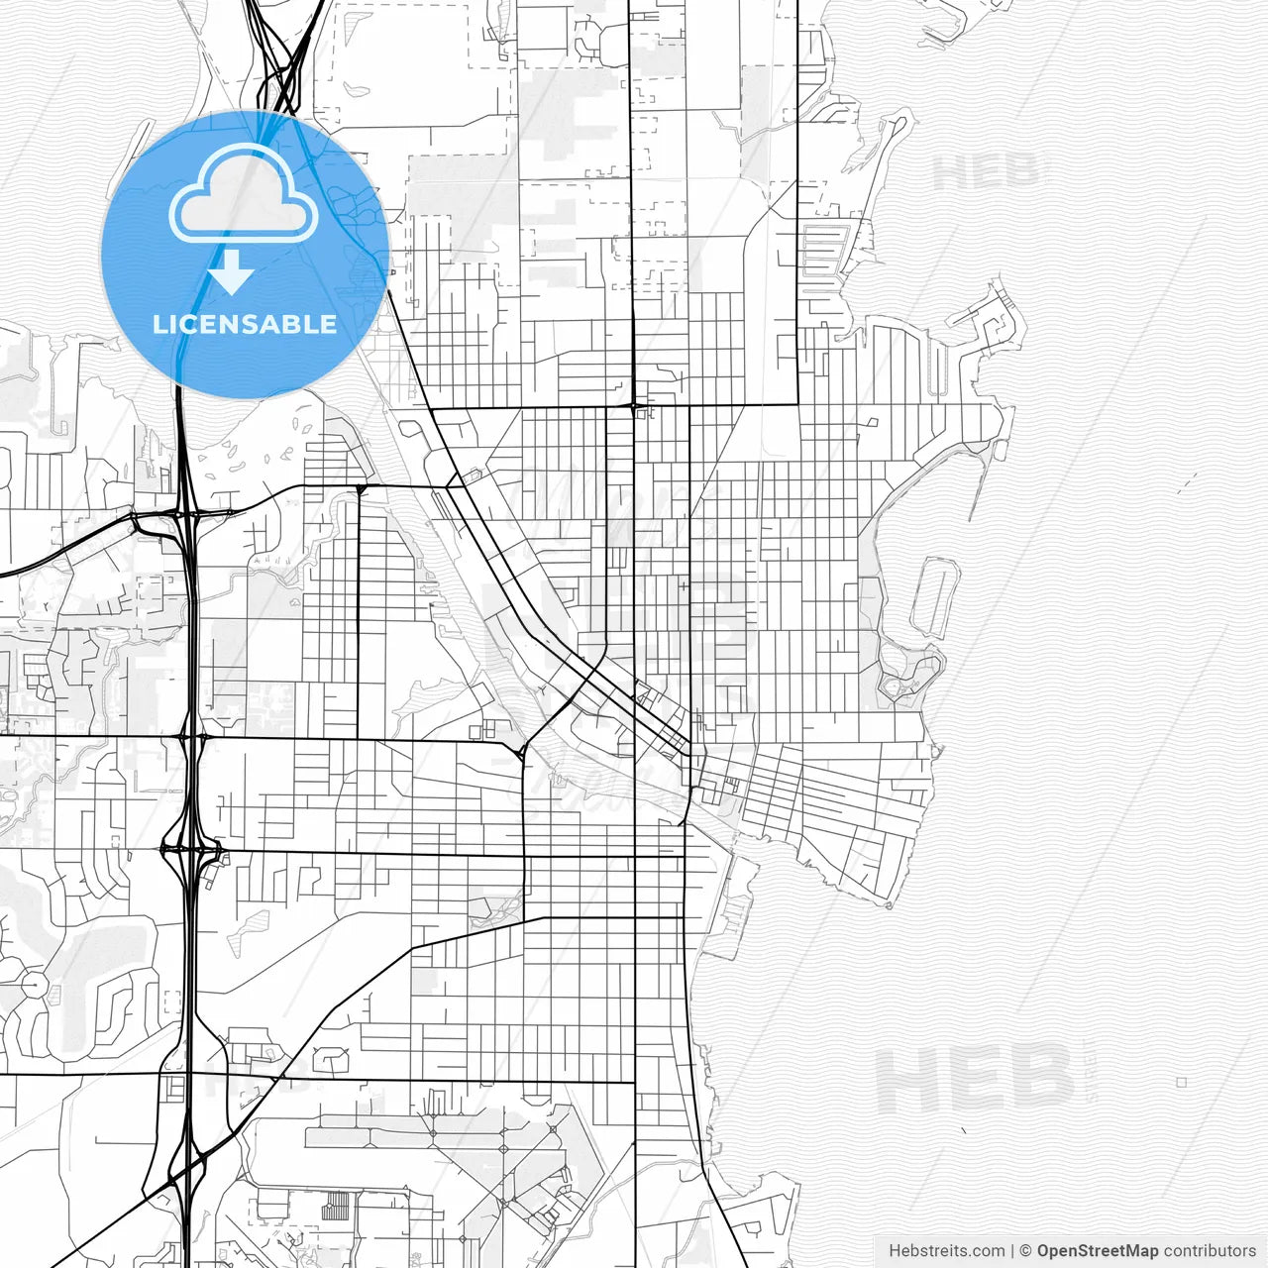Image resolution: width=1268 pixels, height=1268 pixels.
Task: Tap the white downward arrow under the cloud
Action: tap(232, 272)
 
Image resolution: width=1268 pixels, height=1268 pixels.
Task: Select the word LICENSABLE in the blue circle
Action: tap(245, 324)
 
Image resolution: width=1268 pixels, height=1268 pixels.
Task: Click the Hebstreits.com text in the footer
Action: tap(946, 1250)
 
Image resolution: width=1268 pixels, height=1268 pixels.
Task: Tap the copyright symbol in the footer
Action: tap(1026, 1250)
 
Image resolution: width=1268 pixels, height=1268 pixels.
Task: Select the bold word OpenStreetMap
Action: tap(1098, 1250)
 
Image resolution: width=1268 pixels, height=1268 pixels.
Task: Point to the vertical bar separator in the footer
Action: tap(1012, 1250)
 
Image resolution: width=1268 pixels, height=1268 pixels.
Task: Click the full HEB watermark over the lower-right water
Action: tap(976, 1081)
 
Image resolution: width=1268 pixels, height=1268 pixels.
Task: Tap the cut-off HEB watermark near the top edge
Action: tap(986, 171)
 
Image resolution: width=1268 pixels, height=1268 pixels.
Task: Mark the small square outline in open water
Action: tap(1181, 1083)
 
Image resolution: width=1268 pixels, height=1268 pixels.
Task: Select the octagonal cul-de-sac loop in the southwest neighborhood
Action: tap(33, 986)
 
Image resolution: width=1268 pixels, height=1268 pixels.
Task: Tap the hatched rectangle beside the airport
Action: tap(338, 1205)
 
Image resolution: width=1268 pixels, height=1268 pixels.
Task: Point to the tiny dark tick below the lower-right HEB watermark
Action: tap(964, 1129)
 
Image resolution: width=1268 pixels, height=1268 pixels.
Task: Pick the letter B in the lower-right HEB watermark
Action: tap(1040, 1081)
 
